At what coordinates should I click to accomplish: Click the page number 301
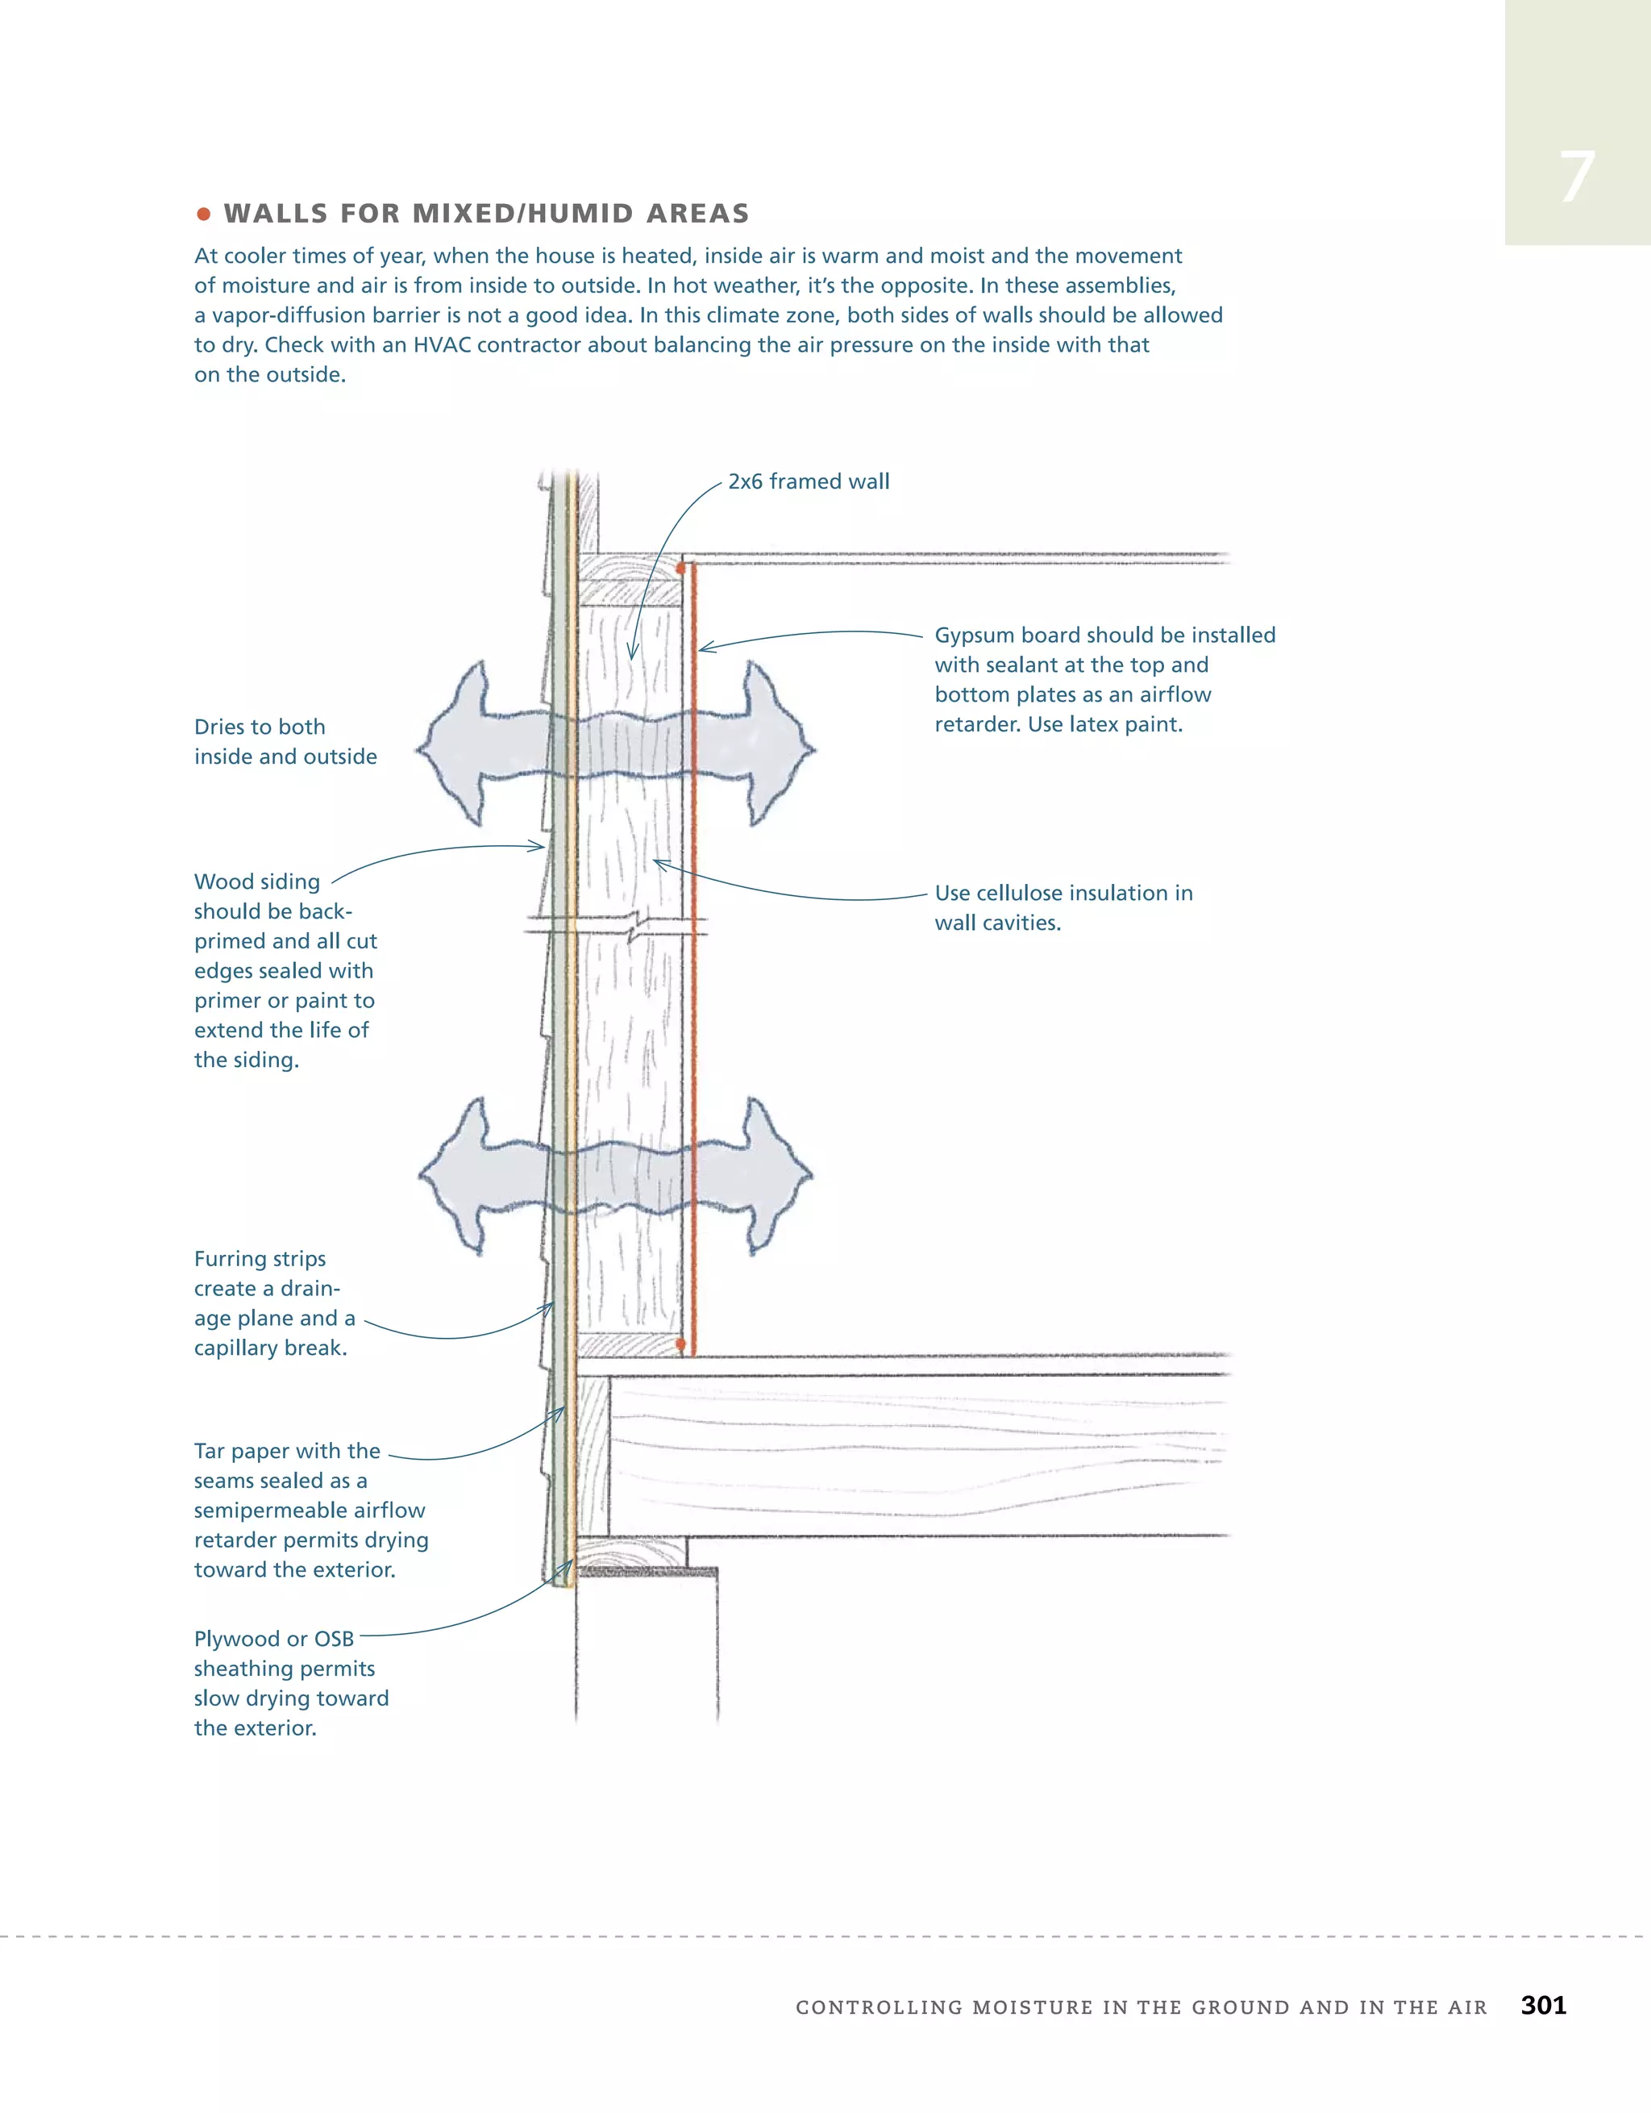[1543, 2005]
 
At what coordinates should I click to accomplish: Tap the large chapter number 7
[1577, 178]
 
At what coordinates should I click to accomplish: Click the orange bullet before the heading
[203, 214]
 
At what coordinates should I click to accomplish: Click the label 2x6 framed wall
[809, 481]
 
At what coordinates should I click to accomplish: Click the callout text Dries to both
[260, 727]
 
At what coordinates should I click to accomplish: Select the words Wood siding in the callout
[256, 881]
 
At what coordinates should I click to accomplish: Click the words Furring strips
[260, 1259]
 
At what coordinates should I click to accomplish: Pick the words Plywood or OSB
[274, 1639]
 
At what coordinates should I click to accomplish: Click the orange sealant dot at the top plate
[682, 566]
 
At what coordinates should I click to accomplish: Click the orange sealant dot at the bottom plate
[681, 1344]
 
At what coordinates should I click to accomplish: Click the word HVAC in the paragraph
[440, 345]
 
